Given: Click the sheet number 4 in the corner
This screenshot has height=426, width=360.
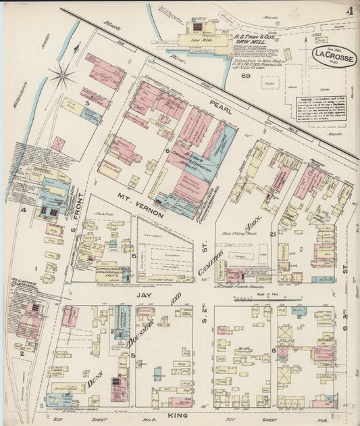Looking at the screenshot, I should coord(349,11).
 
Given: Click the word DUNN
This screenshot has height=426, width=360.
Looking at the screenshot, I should coord(96,381).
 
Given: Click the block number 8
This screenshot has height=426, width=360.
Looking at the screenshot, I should coord(273,350).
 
